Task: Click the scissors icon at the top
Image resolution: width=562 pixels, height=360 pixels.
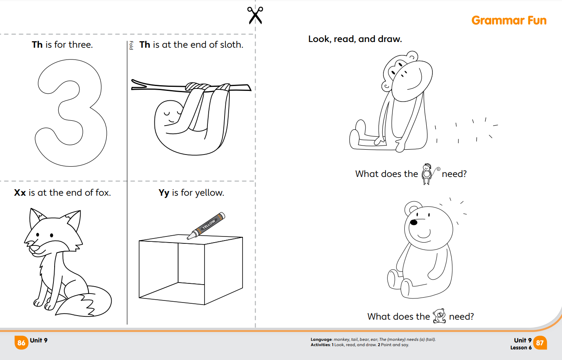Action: pos(255,15)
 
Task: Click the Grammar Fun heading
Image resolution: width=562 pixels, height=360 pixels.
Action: pos(509,20)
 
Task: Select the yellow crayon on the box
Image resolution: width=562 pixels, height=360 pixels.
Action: pos(207,225)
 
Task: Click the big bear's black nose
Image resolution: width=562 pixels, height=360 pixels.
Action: pos(414,222)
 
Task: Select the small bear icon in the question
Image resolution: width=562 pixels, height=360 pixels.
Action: pos(439,316)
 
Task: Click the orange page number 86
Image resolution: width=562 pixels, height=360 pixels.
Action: pos(21,343)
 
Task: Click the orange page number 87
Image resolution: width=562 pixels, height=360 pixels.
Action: pos(540,343)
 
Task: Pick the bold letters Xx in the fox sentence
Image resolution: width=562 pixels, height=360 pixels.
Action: pos(20,192)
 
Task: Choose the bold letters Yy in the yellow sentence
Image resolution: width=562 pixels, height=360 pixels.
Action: pos(164,192)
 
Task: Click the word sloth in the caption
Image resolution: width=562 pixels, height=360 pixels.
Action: pos(231,44)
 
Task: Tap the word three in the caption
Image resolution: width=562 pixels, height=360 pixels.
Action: pos(80,44)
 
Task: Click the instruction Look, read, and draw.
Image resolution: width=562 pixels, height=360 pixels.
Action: pos(355,39)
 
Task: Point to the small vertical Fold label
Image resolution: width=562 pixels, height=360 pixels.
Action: pos(131,45)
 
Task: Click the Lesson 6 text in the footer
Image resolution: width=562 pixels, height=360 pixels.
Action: pos(521,348)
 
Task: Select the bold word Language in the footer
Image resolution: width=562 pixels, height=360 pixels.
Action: pos(321,339)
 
